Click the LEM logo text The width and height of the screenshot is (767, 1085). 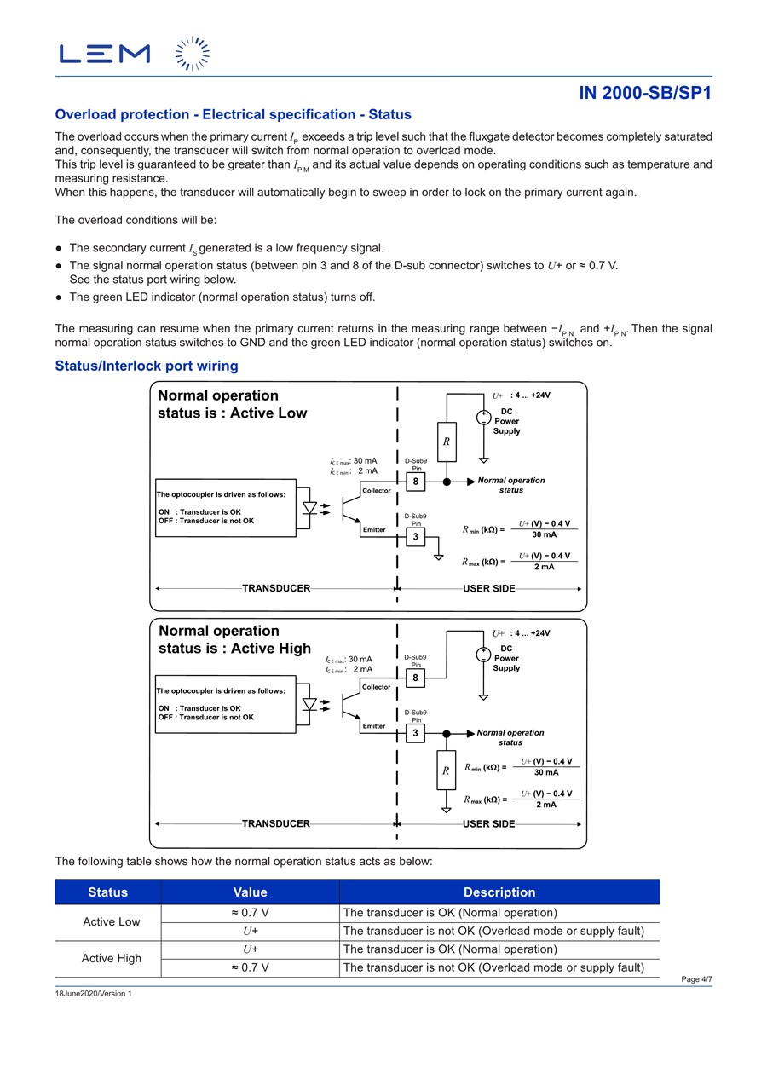104,54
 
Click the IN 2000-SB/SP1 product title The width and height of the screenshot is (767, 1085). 645,93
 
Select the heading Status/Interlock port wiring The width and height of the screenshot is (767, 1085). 147,366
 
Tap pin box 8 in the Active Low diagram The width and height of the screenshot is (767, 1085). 416,482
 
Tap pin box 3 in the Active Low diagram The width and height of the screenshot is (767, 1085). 416,537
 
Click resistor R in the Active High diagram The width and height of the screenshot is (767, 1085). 445,770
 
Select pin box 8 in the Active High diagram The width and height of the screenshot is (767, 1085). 416,678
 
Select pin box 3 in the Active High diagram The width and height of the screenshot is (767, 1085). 416,733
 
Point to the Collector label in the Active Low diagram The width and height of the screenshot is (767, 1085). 377,491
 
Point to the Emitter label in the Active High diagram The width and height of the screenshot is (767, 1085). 374,726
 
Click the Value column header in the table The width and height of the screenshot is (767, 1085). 250,892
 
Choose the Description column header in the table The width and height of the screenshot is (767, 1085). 499,892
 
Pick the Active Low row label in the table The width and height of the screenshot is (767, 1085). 111,921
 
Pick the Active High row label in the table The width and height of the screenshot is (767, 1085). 111,958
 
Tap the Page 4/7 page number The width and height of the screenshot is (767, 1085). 696,979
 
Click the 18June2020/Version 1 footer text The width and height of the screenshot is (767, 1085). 94,994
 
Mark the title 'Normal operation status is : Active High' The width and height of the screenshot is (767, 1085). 234,639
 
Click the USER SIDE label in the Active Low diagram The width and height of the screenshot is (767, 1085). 489,588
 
